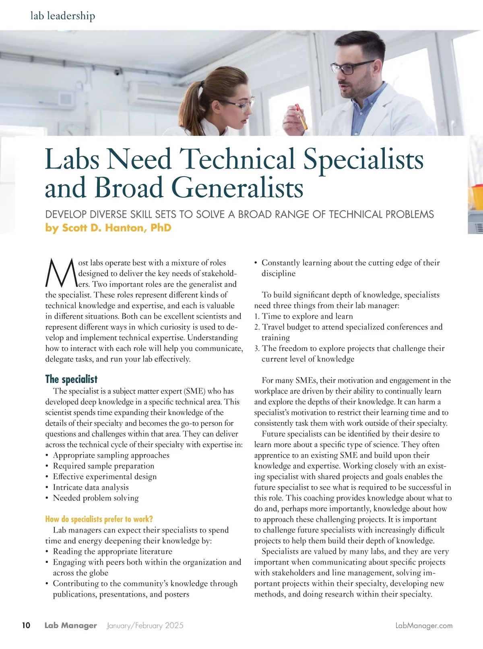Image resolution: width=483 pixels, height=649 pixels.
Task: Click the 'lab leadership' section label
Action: (63, 16)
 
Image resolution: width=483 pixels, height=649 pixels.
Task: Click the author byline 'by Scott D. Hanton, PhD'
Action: (108, 228)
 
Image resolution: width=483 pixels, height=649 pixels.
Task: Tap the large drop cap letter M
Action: (61, 273)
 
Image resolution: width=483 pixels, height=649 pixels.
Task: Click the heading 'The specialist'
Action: (71, 379)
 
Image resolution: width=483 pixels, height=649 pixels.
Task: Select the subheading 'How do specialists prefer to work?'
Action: (99, 519)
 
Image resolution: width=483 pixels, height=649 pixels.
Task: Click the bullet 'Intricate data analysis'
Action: (91, 487)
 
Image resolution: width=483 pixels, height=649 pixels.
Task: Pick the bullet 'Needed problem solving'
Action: (95, 498)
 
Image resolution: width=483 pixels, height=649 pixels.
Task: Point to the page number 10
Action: (26, 625)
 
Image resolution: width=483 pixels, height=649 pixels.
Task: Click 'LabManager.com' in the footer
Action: (424, 626)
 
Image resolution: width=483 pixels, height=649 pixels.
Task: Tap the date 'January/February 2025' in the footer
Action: (145, 626)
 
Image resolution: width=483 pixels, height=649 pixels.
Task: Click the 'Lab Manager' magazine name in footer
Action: (70, 626)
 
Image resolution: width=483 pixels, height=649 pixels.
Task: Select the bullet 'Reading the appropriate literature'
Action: (112, 551)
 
